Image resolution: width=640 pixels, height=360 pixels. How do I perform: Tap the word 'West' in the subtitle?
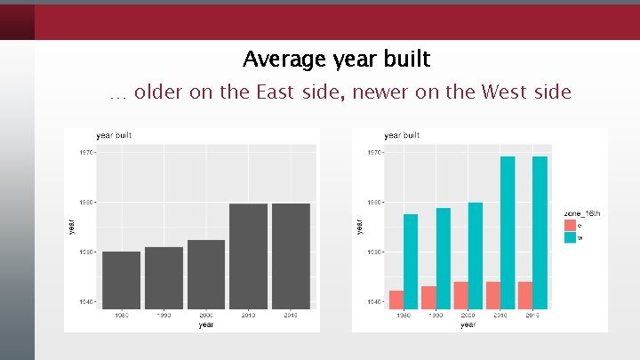[x=505, y=92]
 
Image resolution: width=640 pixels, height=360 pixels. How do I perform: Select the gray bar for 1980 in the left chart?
[x=121, y=280]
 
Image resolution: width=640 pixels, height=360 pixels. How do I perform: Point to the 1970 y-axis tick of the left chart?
[x=84, y=152]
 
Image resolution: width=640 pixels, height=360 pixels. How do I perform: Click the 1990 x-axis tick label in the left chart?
[x=164, y=316]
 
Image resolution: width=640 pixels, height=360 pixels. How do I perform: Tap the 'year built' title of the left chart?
[x=114, y=135]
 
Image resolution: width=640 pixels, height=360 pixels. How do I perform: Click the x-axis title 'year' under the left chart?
[x=205, y=324]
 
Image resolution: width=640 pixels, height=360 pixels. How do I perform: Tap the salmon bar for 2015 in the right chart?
[x=525, y=295]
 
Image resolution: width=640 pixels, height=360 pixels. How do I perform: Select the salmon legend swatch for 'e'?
[x=570, y=225]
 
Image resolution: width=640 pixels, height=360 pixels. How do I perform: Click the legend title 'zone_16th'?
[x=582, y=213]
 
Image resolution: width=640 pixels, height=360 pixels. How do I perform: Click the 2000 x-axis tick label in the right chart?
[x=460, y=316]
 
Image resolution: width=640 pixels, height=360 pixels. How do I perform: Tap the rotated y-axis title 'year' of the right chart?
[x=359, y=228]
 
